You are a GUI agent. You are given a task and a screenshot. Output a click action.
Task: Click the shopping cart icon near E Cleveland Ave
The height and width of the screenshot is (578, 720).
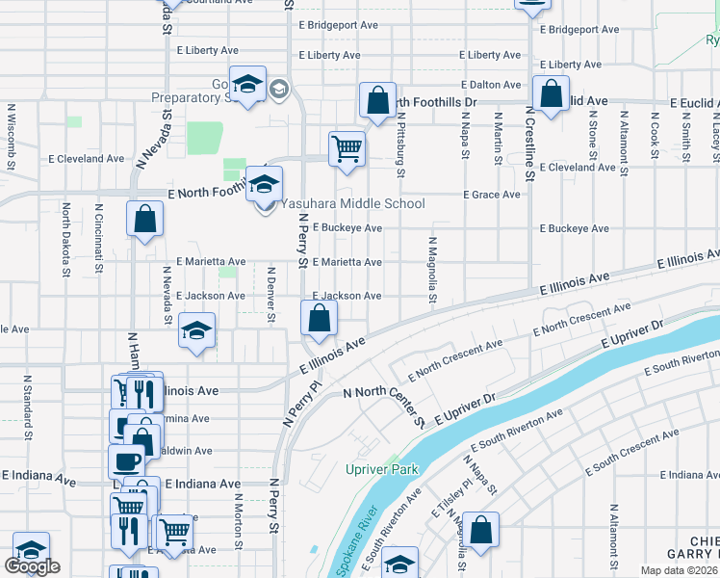347,149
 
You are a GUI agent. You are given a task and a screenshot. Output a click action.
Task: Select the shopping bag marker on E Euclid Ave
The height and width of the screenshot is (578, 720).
551,95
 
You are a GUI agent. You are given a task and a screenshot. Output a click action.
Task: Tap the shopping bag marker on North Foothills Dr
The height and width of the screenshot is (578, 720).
378,99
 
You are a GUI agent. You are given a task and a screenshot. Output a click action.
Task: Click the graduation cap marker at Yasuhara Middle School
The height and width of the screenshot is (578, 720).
263,183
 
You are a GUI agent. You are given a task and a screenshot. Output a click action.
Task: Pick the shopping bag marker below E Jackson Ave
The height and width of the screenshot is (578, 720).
319,317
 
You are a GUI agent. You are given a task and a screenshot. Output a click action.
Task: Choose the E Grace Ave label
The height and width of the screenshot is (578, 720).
492,195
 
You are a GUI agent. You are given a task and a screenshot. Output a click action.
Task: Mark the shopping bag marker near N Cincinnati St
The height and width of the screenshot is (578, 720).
144,218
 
